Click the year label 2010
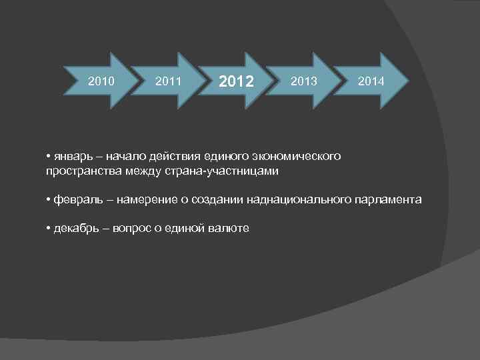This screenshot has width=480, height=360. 101,81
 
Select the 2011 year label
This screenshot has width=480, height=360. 168,81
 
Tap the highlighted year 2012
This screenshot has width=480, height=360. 236,82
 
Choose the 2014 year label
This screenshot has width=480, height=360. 370,81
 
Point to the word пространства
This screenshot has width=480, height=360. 80,171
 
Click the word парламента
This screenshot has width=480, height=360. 387,199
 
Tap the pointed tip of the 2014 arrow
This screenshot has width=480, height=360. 408,81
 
